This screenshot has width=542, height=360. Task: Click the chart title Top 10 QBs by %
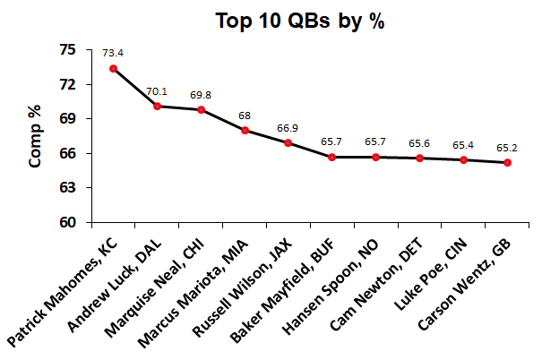[x=299, y=22]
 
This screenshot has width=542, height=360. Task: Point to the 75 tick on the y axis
[x=69, y=50]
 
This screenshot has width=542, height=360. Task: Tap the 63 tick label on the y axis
[x=69, y=188]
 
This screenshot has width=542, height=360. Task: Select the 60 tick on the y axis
[x=69, y=223]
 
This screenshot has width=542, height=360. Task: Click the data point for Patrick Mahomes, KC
[x=113, y=68]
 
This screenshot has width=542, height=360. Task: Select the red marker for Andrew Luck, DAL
[x=157, y=107]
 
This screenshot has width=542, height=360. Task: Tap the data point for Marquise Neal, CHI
[x=201, y=110]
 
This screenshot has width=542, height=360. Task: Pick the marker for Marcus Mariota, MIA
[x=245, y=131]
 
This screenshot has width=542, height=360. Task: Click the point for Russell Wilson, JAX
[x=288, y=143]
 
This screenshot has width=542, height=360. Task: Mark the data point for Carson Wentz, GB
[x=507, y=162]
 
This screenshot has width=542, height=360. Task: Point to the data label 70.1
[x=157, y=91]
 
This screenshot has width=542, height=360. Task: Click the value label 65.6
[x=419, y=142]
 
